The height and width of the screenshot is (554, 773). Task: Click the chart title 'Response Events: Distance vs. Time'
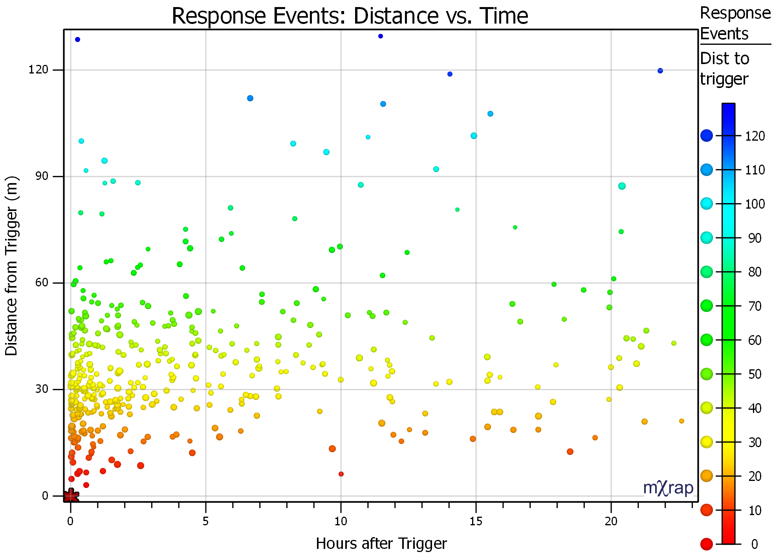point(350,16)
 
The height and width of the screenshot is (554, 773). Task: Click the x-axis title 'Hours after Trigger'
point(381,544)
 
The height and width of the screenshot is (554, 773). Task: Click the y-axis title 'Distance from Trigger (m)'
point(12,266)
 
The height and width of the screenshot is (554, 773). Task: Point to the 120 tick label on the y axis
point(38,70)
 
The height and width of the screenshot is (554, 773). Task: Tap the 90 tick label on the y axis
point(41,176)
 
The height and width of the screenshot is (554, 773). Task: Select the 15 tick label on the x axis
point(476,521)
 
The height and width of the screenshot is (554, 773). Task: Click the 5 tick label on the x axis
point(205,521)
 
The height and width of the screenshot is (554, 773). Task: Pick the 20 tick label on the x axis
point(611,521)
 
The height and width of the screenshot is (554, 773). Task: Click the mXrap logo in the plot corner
point(668,488)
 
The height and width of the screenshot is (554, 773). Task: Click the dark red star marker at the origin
point(71,496)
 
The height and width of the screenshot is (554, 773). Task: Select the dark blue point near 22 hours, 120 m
point(660,71)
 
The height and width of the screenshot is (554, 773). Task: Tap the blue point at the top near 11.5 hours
point(380,36)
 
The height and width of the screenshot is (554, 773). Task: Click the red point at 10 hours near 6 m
point(341,474)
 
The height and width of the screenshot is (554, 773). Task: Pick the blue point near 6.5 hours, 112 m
point(250,98)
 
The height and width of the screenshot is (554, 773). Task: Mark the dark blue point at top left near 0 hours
point(77,39)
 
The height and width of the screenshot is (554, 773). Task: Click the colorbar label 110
point(755,170)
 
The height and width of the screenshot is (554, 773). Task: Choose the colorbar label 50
point(755,374)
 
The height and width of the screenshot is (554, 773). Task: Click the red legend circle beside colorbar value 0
point(706,544)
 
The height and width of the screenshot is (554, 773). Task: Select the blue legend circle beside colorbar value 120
point(706,136)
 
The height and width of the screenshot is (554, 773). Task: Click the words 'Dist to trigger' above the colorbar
point(725,69)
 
